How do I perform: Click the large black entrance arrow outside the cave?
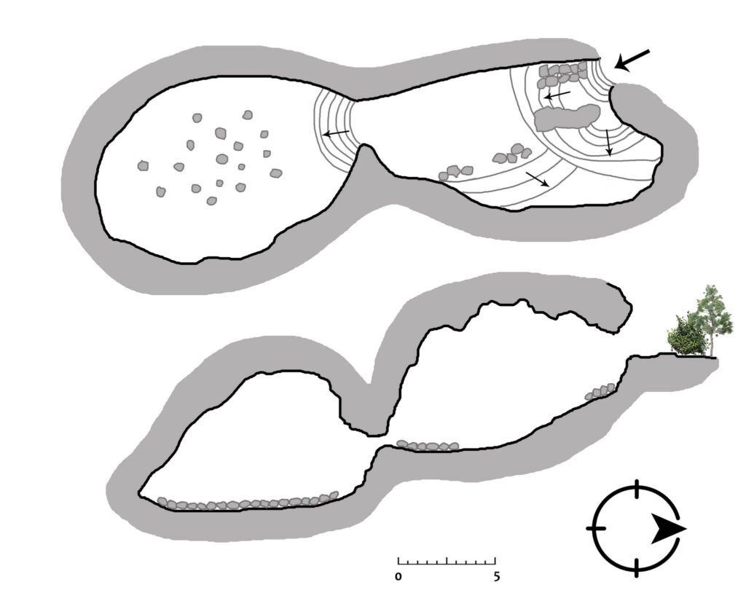632,60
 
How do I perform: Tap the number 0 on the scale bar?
398,577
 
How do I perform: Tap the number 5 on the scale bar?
497,577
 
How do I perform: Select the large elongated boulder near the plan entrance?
566,117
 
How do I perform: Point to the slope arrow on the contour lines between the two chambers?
337,133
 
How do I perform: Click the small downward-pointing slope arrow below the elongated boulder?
608,142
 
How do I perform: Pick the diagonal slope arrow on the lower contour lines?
538,179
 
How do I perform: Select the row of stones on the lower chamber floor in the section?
248,502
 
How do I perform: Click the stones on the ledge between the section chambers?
428,446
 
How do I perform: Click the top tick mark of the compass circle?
637,489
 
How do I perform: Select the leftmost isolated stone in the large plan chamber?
143,165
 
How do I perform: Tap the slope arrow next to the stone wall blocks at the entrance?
557,95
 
